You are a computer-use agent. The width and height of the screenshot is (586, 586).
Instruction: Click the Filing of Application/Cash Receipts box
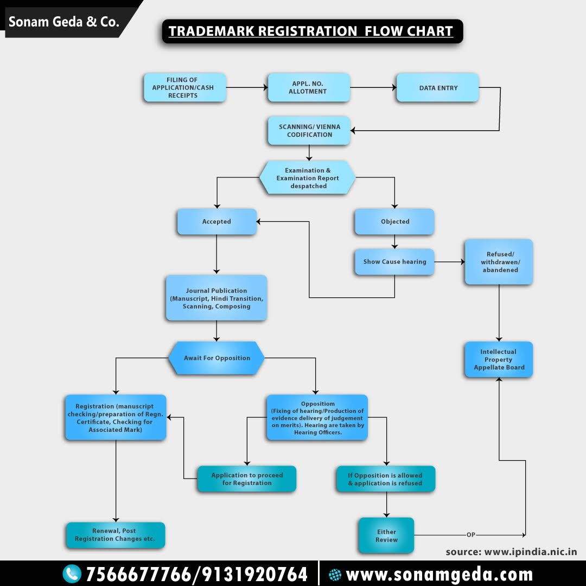(x=184, y=88)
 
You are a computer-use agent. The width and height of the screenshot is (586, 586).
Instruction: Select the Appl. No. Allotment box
(x=308, y=88)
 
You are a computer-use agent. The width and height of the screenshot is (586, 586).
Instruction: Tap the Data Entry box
(x=438, y=88)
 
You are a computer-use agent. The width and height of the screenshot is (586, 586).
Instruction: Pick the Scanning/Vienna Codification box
(x=309, y=131)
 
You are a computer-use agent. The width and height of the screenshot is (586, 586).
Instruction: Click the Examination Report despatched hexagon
(x=308, y=178)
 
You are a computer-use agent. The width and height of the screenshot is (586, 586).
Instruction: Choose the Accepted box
(x=216, y=221)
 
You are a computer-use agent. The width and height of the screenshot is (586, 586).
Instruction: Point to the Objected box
(x=394, y=221)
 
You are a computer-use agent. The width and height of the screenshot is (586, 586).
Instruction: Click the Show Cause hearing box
(x=394, y=262)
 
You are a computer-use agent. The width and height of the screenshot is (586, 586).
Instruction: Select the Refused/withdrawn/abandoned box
(x=499, y=262)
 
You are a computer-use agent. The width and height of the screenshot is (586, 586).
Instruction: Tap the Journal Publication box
(x=216, y=298)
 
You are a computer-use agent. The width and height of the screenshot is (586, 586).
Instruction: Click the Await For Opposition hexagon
(x=216, y=358)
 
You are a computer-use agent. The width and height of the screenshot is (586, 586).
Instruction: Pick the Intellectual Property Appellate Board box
(x=499, y=359)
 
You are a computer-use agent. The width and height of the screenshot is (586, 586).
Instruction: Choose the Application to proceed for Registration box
(x=247, y=479)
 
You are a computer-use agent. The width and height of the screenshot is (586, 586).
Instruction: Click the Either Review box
(x=386, y=536)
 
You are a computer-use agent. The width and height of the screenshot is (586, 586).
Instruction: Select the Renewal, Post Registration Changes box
(x=115, y=535)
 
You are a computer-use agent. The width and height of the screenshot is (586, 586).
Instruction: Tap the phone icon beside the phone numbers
(x=72, y=574)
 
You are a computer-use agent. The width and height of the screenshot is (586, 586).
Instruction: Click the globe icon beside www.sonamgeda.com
(x=335, y=575)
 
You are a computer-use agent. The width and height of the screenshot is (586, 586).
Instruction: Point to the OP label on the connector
(x=470, y=535)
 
